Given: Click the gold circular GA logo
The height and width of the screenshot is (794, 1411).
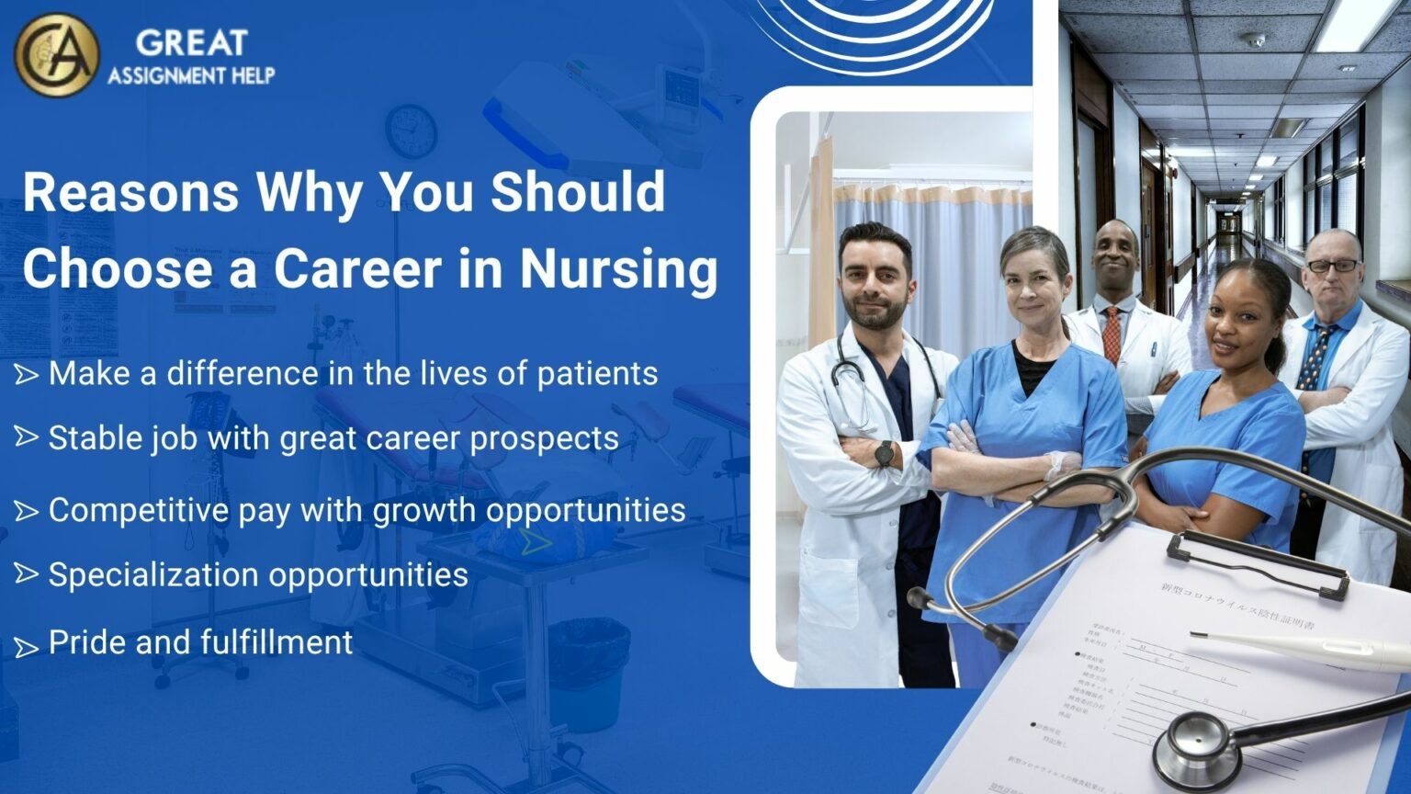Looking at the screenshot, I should pos(57,54).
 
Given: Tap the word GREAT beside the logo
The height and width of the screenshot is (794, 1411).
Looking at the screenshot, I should pos(191,42).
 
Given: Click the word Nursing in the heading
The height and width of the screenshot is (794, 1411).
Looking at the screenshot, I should pos(618,268).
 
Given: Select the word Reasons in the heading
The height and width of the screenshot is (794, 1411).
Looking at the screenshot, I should pos(130,191).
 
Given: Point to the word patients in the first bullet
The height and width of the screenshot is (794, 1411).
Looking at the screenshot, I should pos(597,373).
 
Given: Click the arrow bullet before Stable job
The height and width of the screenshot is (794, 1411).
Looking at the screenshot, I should pos(26,437).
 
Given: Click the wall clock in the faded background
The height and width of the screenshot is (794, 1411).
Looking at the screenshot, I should pos(410,130).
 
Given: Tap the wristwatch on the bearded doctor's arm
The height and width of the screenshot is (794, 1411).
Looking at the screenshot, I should pos(884,453).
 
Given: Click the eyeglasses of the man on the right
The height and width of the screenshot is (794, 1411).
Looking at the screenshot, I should pos(1333,266).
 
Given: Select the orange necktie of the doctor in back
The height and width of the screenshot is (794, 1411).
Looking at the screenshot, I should pos(1112,335).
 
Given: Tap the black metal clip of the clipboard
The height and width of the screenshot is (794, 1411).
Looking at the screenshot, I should pos(1259,561).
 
